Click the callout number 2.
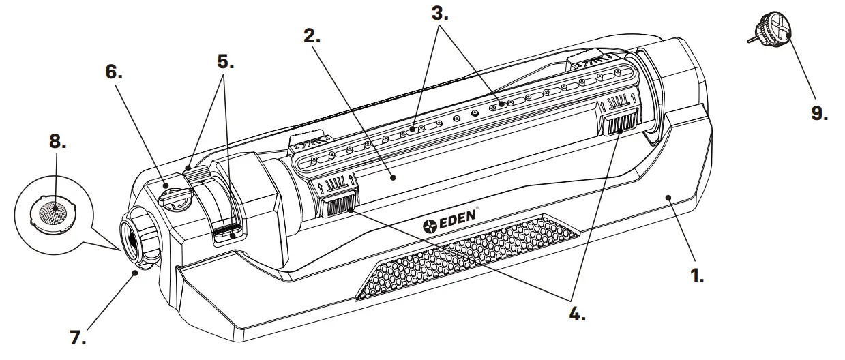(313, 37)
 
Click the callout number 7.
(78, 336)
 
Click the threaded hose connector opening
(131, 239)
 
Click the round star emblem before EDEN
(430, 225)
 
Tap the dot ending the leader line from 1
(669, 196)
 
